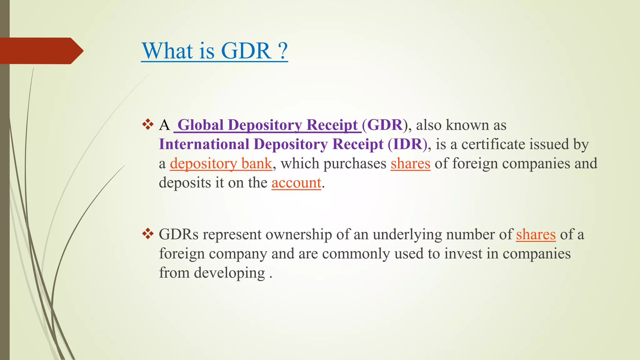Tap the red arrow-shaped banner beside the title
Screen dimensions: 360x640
click(x=41, y=51)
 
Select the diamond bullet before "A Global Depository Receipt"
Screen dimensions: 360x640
click(x=148, y=125)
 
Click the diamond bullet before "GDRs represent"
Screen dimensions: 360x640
click(x=148, y=234)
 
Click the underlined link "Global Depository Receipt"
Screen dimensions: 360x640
click(x=267, y=125)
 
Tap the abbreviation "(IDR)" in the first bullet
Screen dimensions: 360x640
click(x=407, y=144)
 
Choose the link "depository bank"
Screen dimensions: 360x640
click(x=221, y=163)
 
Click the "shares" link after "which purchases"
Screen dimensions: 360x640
click(x=410, y=163)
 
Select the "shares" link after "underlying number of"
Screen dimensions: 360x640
click(x=536, y=234)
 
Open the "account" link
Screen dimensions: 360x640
click(x=296, y=183)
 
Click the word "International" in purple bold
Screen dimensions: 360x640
click(x=204, y=144)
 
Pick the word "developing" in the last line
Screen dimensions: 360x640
click(x=229, y=273)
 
